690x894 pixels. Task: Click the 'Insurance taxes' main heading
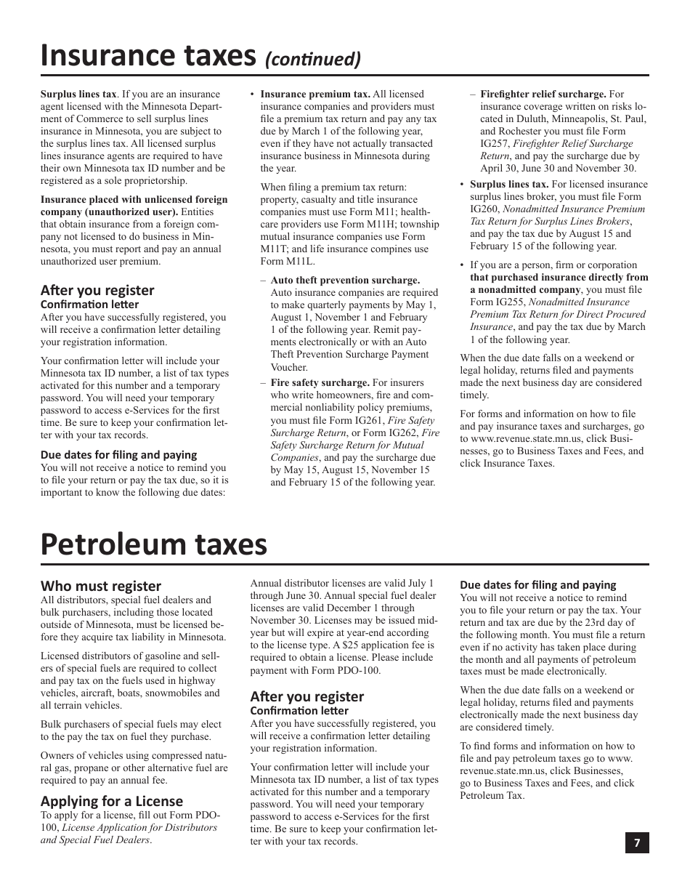coord(147,55)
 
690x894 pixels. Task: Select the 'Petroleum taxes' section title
coord(153,544)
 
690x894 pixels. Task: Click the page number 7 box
coord(637,842)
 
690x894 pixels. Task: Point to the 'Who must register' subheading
coord(101,586)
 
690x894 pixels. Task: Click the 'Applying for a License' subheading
coord(112,801)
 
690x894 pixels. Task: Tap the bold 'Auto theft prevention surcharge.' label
coord(345,280)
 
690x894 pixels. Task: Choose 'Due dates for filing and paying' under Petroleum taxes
coord(537,584)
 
